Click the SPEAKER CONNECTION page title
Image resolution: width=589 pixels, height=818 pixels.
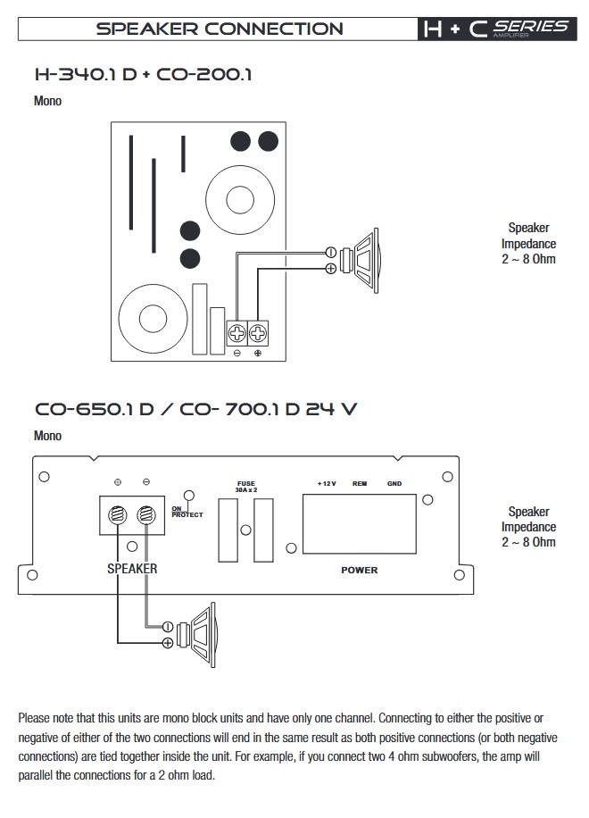click(x=219, y=29)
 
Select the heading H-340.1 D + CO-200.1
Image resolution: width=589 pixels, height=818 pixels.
click(x=143, y=74)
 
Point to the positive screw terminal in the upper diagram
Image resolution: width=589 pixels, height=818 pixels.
click(x=258, y=333)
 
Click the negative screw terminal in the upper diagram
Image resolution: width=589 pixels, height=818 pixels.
click(x=236, y=333)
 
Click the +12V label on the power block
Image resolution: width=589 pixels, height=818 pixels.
click(x=326, y=484)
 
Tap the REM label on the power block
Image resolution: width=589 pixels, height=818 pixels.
click(x=360, y=484)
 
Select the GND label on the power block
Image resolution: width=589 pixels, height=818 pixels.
click(x=394, y=484)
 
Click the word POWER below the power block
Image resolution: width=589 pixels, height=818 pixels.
click(x=360, y=570)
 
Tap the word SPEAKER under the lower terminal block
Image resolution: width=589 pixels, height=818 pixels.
click(x=132, y=568)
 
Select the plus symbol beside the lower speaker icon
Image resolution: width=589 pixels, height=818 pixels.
click(x=167, y=643)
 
